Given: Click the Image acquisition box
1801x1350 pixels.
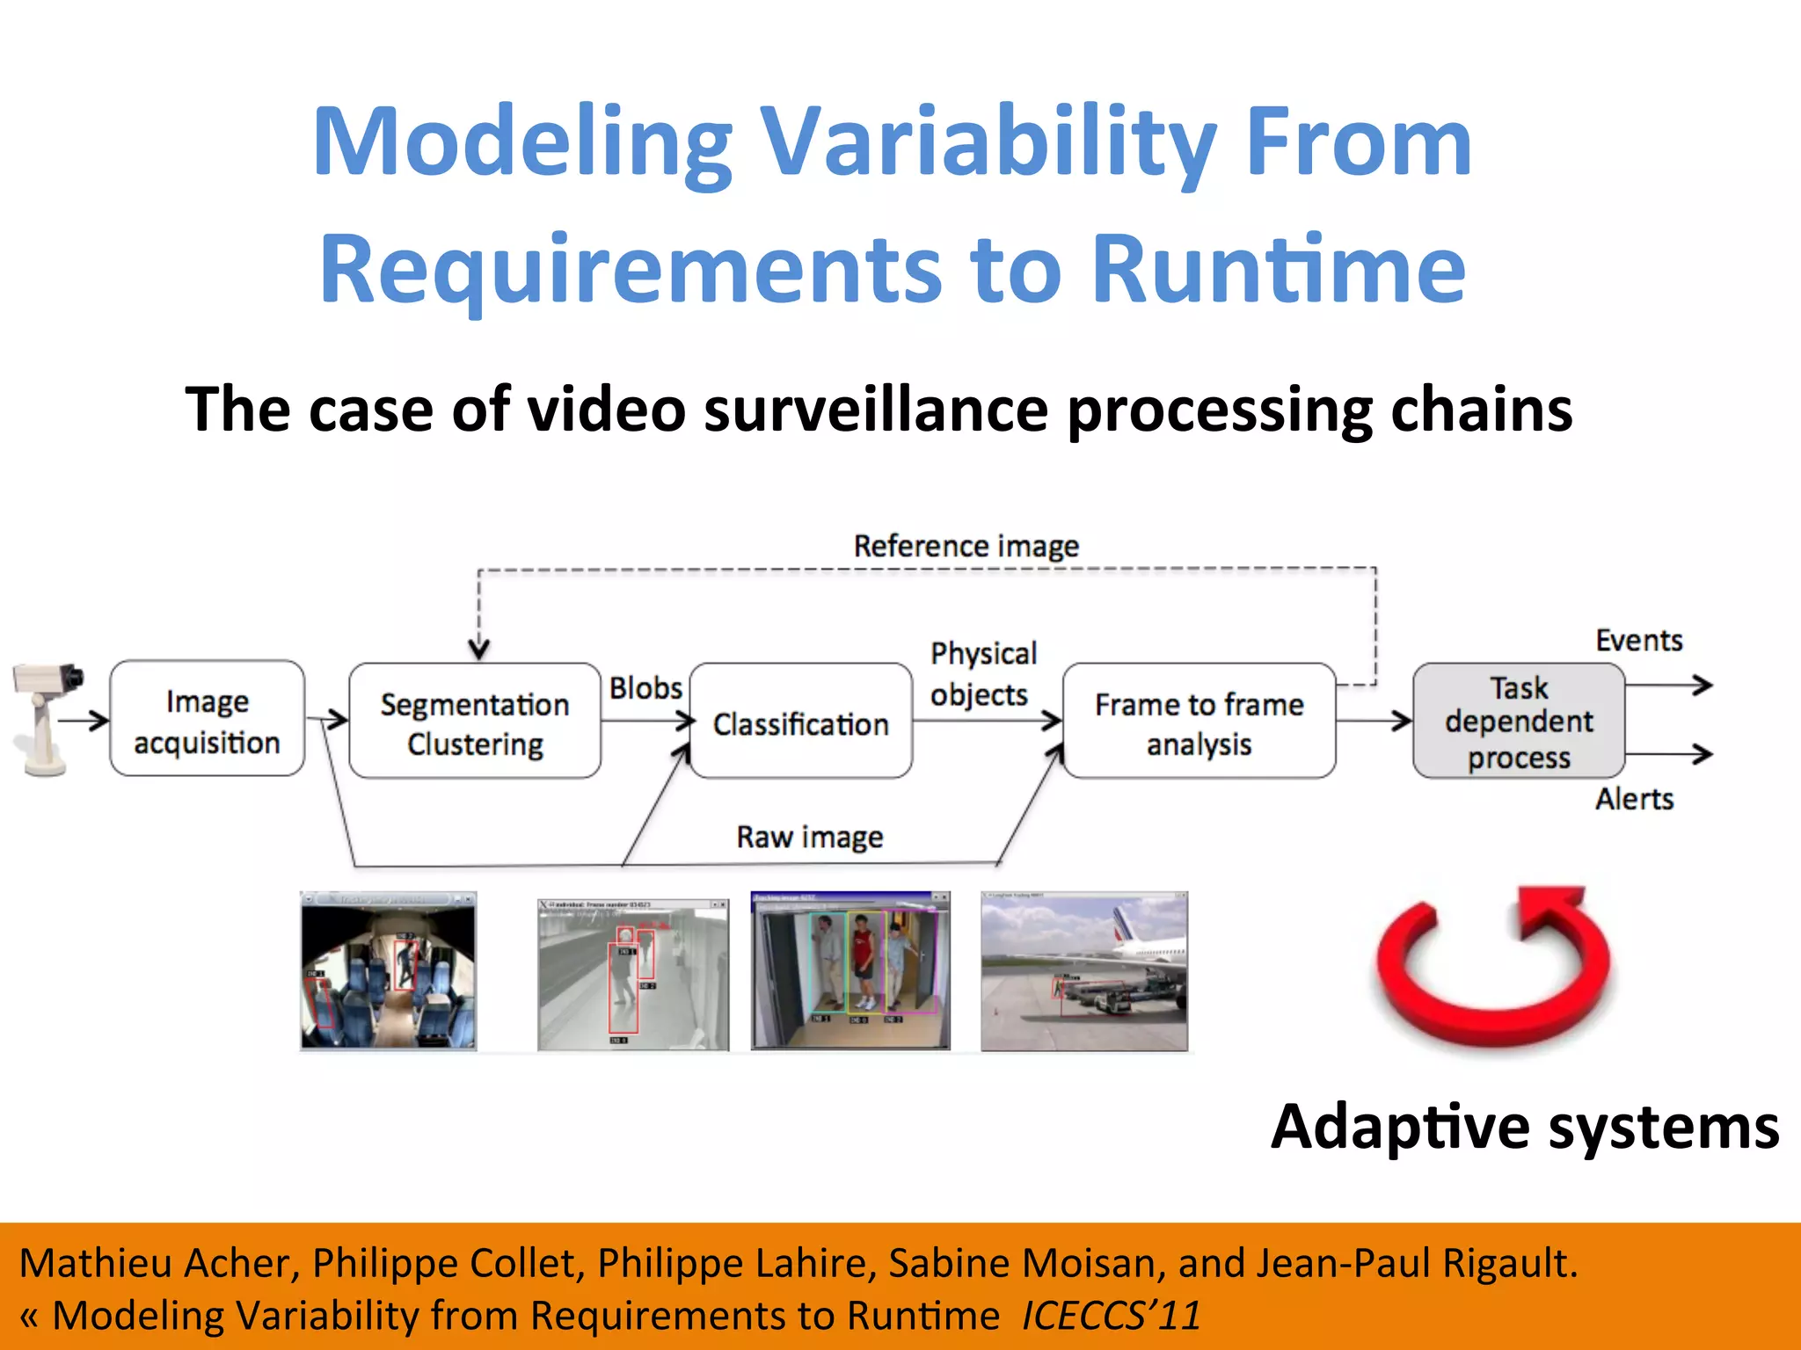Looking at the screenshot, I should [207, 719].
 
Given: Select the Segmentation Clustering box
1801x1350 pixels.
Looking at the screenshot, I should [475, 722].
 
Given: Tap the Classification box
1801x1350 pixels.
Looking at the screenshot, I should [800, 722].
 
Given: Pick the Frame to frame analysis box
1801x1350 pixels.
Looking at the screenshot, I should [1199, 722].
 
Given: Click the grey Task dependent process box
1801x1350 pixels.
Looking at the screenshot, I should [1518, 722].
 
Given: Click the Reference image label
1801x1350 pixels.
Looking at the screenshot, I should [966, 546].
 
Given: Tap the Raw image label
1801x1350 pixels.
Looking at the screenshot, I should [809, 837].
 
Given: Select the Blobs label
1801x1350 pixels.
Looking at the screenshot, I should [645, 688].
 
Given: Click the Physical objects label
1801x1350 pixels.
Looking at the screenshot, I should [982, 674].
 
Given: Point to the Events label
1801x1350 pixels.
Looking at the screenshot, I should [1638, 640].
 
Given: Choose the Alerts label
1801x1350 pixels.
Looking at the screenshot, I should [1634, 799].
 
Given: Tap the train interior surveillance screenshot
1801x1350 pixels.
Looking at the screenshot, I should [388, 971].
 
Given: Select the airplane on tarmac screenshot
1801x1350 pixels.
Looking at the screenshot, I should [1083, 971].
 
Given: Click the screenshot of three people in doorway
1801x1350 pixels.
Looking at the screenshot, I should [850, 971].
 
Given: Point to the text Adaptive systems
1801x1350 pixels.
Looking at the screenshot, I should [1525, 1127].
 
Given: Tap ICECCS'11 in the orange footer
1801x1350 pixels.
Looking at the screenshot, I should [1111, 1316].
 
